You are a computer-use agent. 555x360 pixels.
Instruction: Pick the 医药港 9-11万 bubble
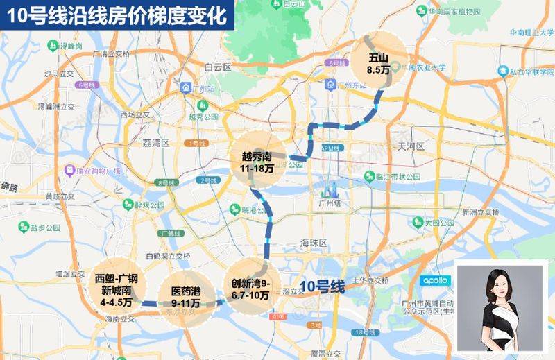click(180, 296)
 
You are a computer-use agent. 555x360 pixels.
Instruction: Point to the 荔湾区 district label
click(156, 142)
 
